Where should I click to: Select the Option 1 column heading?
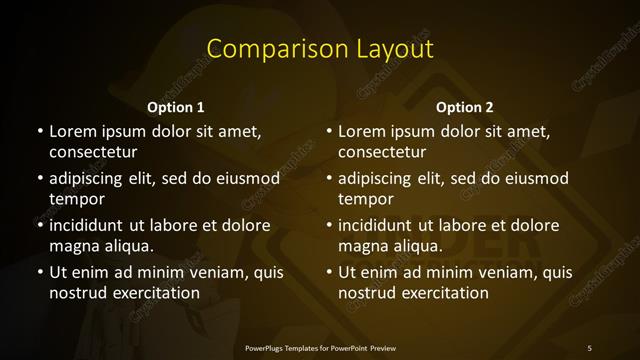click(x=176, y=107)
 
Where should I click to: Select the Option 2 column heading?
click(x=465, y=107)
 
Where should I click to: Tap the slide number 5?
click(x=589, y=347)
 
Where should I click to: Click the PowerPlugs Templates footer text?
click(x=320, y=347)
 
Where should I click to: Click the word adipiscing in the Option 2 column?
click(x=378, y=178)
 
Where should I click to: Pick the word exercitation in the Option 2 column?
click(x=445, y=293)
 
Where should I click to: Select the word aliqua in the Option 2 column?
click(x=418, y=246)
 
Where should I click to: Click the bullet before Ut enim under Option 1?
click(x=38, y=272)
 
